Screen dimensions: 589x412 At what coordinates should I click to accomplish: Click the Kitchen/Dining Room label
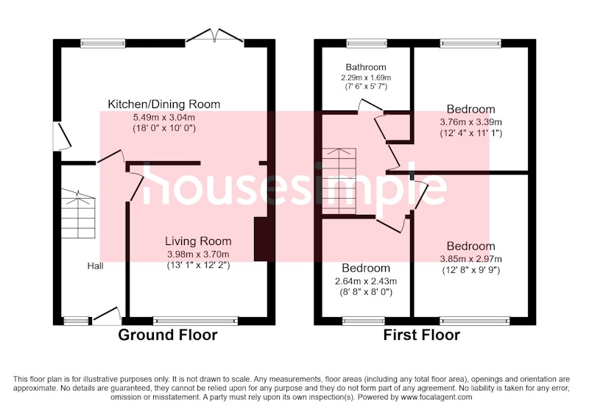[x=163, y=104]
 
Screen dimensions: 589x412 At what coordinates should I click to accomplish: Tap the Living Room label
[x=198, y=241]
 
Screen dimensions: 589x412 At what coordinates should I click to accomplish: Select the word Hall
[x=96, y=266]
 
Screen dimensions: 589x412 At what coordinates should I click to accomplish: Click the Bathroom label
[x=366, y=67]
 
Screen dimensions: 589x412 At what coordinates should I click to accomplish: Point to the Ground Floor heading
[x=168, y=335]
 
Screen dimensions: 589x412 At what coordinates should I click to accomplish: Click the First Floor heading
[x=421, y=335]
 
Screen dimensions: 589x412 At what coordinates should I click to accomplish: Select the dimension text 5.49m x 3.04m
[x=164, y=118]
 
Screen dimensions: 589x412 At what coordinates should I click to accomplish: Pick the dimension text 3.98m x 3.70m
[x=198, y=255]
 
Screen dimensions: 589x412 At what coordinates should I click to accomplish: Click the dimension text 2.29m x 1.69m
[x=366, y=78]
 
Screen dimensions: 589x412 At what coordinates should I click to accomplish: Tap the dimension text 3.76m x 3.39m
[x=470, y=122]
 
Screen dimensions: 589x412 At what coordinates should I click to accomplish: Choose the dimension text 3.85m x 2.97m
[x=470, y=259]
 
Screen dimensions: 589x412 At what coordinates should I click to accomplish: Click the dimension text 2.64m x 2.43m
[x=366, y=281]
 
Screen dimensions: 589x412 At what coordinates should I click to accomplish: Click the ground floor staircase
[x=78, y=214]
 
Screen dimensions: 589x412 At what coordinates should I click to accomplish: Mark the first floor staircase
[x=339, y=181]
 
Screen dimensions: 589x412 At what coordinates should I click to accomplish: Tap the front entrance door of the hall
[x=107, y=316]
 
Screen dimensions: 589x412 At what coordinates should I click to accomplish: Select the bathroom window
[x=367, y=43]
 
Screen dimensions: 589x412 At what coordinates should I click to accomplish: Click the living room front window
[x=196, y=321]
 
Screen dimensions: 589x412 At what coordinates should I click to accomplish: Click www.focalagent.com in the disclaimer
[x=437, y=397]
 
